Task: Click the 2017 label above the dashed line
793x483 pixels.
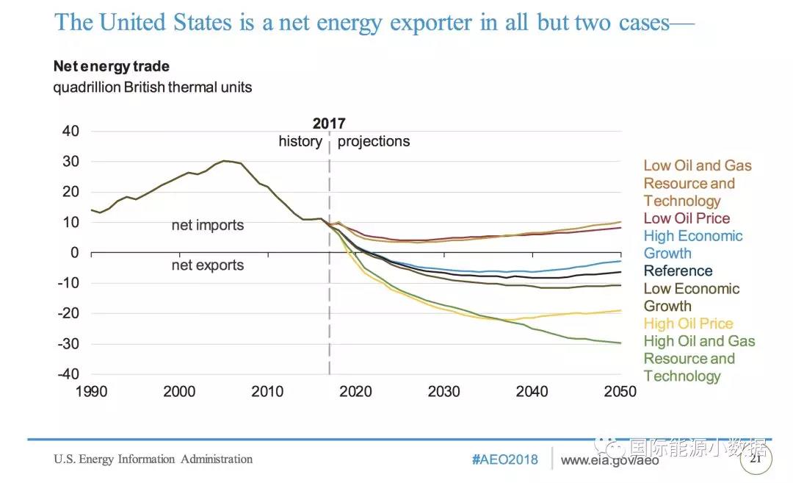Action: (x=328, y=124)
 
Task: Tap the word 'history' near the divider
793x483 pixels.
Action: (x=300, y=141)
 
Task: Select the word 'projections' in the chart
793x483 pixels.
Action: (x=374, y=141)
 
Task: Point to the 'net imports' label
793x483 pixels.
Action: (x=208, y=225)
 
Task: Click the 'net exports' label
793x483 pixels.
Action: (x=208, y=265)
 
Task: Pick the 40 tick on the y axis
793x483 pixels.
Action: (x=71, y=132)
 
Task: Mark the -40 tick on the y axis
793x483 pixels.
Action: (x=68, y=374)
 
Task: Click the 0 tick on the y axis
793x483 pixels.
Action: (x=75, y=253)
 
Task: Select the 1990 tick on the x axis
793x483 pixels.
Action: (x=92, y=391)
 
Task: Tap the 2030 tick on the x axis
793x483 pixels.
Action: (x=444, y=391)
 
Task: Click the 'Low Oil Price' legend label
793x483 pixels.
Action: (x=687, y=218)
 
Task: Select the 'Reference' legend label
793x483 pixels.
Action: (x=678, y=271)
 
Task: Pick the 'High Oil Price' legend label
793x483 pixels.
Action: (x=688, y=323)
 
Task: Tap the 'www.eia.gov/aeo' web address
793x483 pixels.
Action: (x=609, y=460)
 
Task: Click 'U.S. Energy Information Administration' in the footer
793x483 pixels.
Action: (x=153, y=459)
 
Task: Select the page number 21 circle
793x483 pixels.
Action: (x=756, y=459)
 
